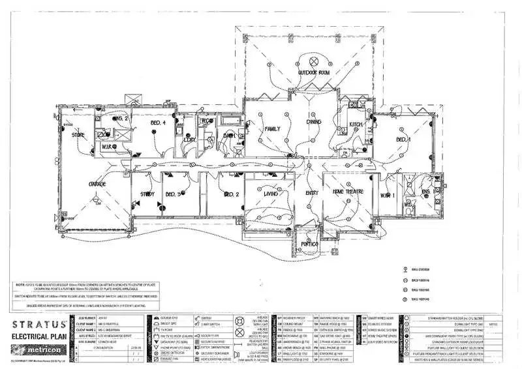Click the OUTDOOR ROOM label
[x=313, y=72]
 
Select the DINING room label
[x=315, y=122]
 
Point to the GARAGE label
[x=97, y=185]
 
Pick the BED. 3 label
[x=173, y=194]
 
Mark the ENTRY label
[x=311, y=193]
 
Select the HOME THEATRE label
[x=346, y=192]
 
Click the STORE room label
[x=78, y=136]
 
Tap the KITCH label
[x=355, y=124]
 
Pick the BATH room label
[x=229, y=136]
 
